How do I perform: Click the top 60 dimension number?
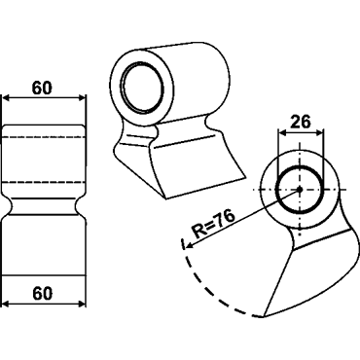pos(42,88)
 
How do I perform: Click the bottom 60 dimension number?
pos(42,294)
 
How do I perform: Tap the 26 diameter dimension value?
pos(301,122)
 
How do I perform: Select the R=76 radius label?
pos(212,223)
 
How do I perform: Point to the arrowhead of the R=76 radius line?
pos(188,245)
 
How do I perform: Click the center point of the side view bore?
pos(300,189)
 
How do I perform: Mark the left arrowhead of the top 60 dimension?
pos(7,97)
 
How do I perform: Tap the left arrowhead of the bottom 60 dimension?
pos(7,305)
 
